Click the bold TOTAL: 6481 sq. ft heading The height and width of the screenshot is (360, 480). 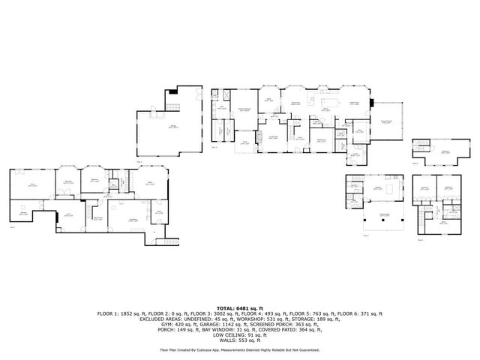click(239, 308)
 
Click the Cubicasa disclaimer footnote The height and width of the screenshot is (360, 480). click(239, 349)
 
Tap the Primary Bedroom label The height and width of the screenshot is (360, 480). click(244, 109)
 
